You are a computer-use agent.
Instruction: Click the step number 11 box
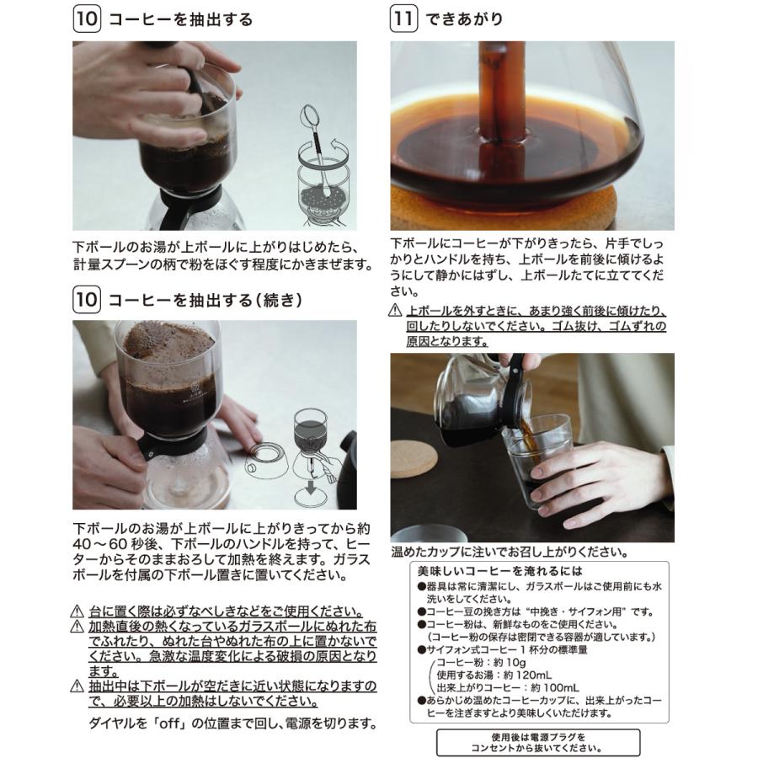point(403,19)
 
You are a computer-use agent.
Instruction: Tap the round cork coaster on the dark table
point(414,458)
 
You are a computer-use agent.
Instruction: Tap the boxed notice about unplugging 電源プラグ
point(538,741)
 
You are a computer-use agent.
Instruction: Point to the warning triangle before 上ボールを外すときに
point(395,311)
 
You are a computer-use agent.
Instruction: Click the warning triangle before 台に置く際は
point(77,611)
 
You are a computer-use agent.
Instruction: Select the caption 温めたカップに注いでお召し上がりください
point(509,552)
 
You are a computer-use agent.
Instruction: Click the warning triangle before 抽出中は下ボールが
point(77,686)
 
